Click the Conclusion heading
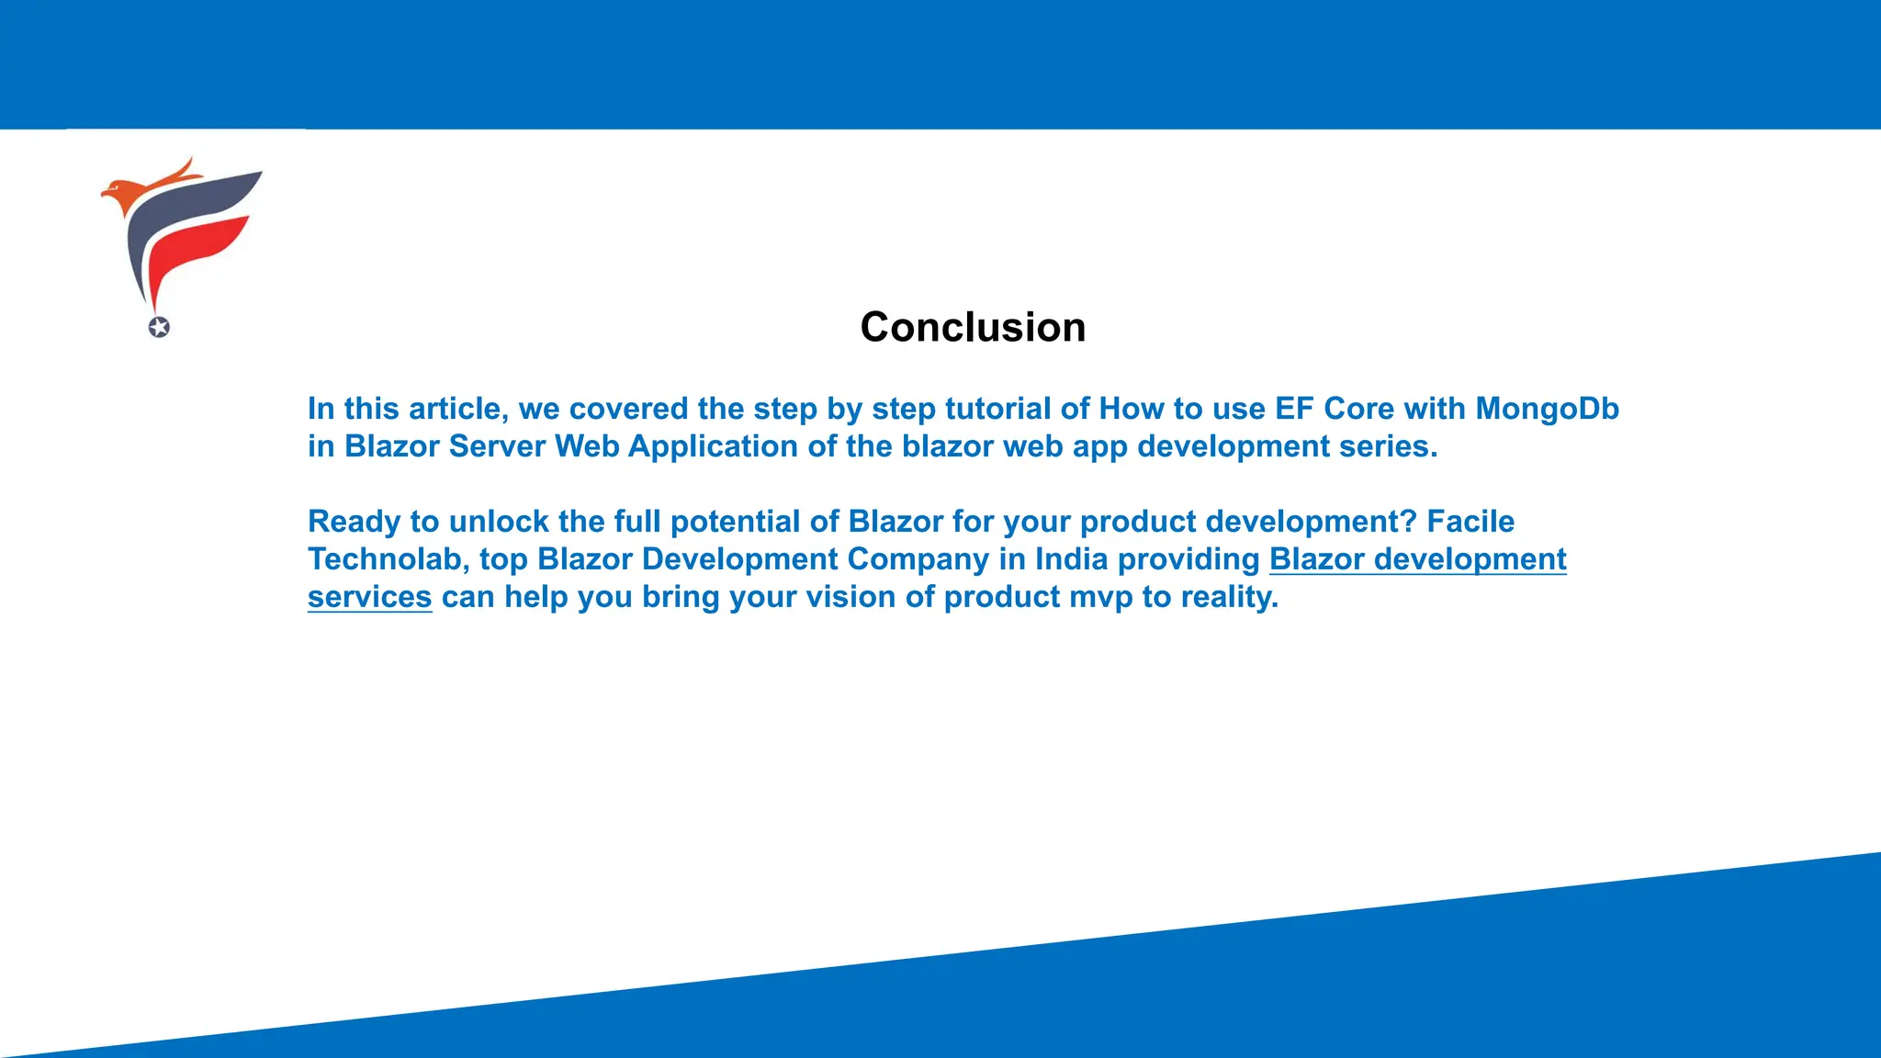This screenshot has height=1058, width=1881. tap(973, 327)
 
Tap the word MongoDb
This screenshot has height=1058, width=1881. tap(1547, 409)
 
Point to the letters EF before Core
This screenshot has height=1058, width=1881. tap(1294, 409)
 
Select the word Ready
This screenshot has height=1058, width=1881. tap(354, 522)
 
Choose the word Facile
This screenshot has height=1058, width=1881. tap(1470, 522)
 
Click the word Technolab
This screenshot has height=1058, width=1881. tap(388, 559)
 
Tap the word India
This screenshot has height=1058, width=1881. tap(1071, 559)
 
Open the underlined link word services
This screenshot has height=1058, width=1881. tap(369, 597)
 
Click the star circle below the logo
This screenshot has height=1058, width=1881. tap(159, 327)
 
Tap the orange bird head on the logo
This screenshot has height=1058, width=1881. tap(119, 193)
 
